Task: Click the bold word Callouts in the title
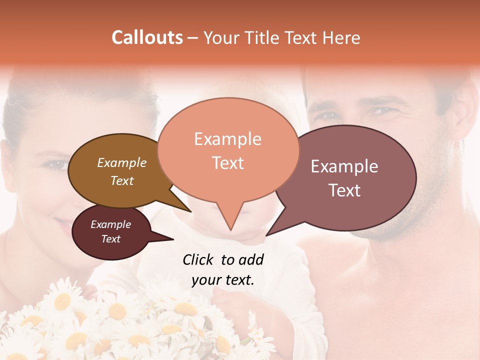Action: (147, 37)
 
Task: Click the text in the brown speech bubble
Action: (121, 171)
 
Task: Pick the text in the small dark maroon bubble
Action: (110, 231)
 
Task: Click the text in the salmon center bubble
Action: (227, 150)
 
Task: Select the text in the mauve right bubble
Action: (344, 178)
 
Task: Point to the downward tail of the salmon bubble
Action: (230, 220)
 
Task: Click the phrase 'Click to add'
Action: (223, 259)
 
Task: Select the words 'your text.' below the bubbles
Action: (223, 280)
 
